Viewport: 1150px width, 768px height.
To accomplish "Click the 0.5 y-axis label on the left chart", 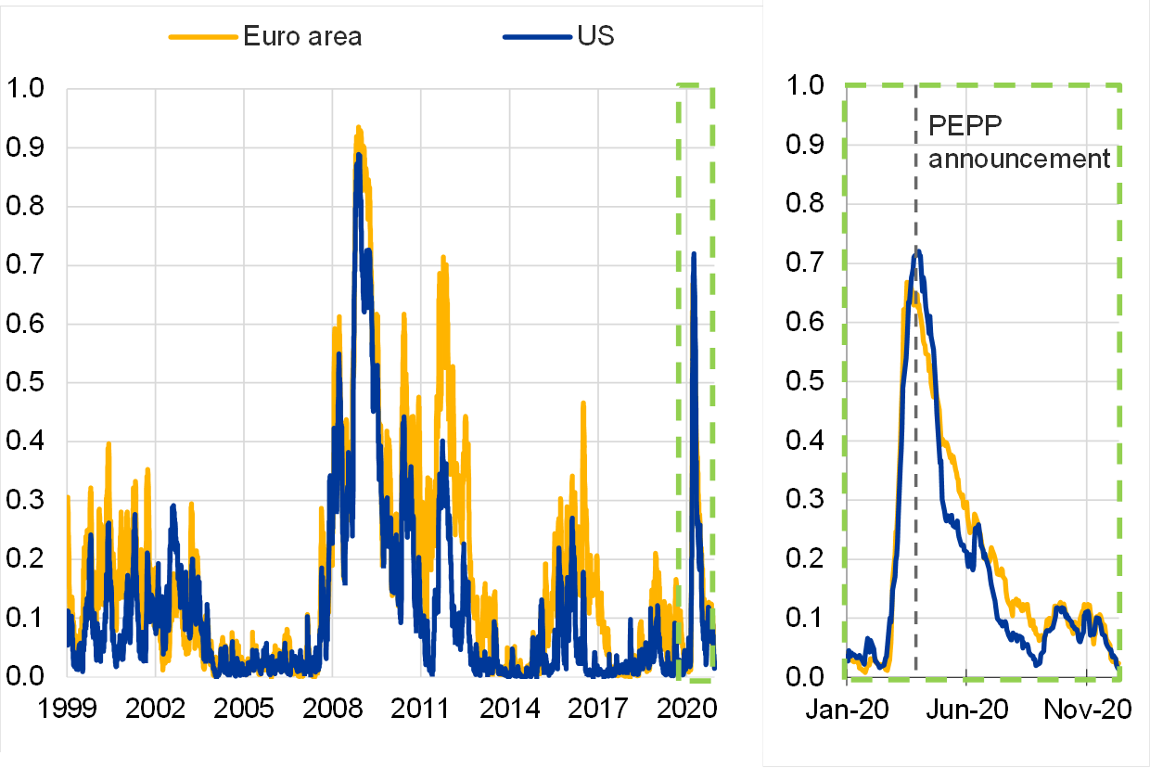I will [x=27, y=383].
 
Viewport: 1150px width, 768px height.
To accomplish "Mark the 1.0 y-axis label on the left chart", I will [x=27, y=89].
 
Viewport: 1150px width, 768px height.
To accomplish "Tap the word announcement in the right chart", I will [x=1019, y=159].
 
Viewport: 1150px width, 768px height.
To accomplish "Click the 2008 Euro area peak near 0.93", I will [x=358, y=128].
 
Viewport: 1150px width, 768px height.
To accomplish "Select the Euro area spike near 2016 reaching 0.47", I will [x=582, y=403].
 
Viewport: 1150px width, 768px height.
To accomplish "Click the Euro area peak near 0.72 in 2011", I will [x=442, y=257].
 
